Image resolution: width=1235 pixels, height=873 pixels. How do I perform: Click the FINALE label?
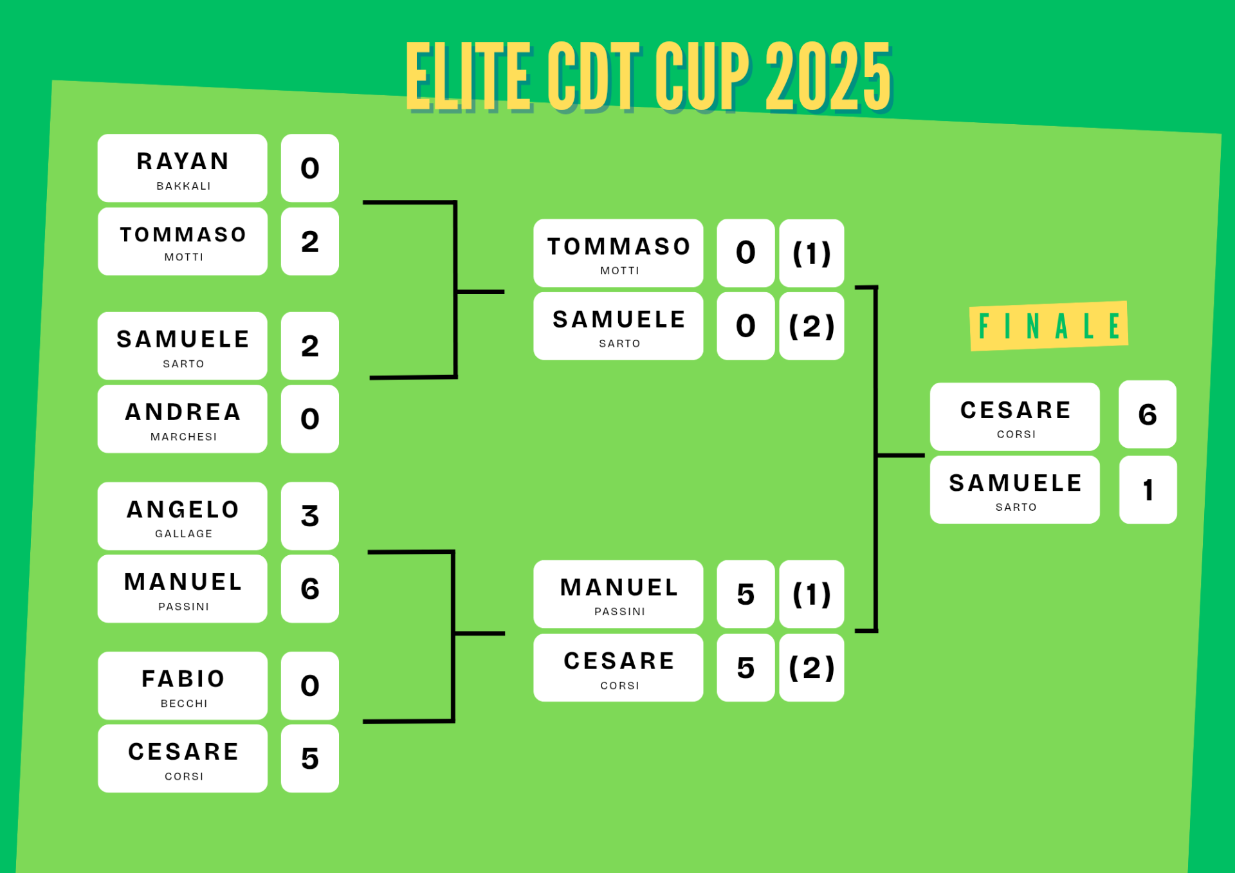point(1048,326)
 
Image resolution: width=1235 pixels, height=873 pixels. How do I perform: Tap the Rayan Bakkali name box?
point(183,168)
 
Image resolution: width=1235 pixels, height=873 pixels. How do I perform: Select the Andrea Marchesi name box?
point(183,419)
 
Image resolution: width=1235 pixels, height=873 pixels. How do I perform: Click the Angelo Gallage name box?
point(183,516)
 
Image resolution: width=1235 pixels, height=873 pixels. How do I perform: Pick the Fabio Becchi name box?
point(183,686)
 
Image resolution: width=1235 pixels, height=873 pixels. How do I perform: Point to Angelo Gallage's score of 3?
point(310,516)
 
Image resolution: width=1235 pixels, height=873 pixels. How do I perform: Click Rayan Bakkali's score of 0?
point(310,168)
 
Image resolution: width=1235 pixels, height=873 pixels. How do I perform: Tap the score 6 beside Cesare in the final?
point(1148,414)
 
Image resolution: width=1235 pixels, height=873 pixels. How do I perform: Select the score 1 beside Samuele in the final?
point(1148,490)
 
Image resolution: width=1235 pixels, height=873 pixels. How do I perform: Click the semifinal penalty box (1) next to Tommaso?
point(812,253)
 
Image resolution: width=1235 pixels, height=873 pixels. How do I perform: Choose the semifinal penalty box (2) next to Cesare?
point(812,668)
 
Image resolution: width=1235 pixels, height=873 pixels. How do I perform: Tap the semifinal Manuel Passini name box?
point(618,594)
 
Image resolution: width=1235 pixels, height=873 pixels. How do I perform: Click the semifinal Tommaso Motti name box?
point(618,253)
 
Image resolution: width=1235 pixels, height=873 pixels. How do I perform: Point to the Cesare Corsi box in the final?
point(1015,417)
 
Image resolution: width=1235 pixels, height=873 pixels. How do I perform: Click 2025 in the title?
point(828,76)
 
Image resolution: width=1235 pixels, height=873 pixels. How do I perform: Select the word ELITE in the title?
point(469,76)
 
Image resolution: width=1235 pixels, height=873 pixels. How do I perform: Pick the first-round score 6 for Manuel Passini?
point(310,589)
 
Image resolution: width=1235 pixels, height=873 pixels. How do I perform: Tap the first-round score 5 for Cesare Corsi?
point(310,758)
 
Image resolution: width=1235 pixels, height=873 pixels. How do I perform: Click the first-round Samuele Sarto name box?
point(183,346)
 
